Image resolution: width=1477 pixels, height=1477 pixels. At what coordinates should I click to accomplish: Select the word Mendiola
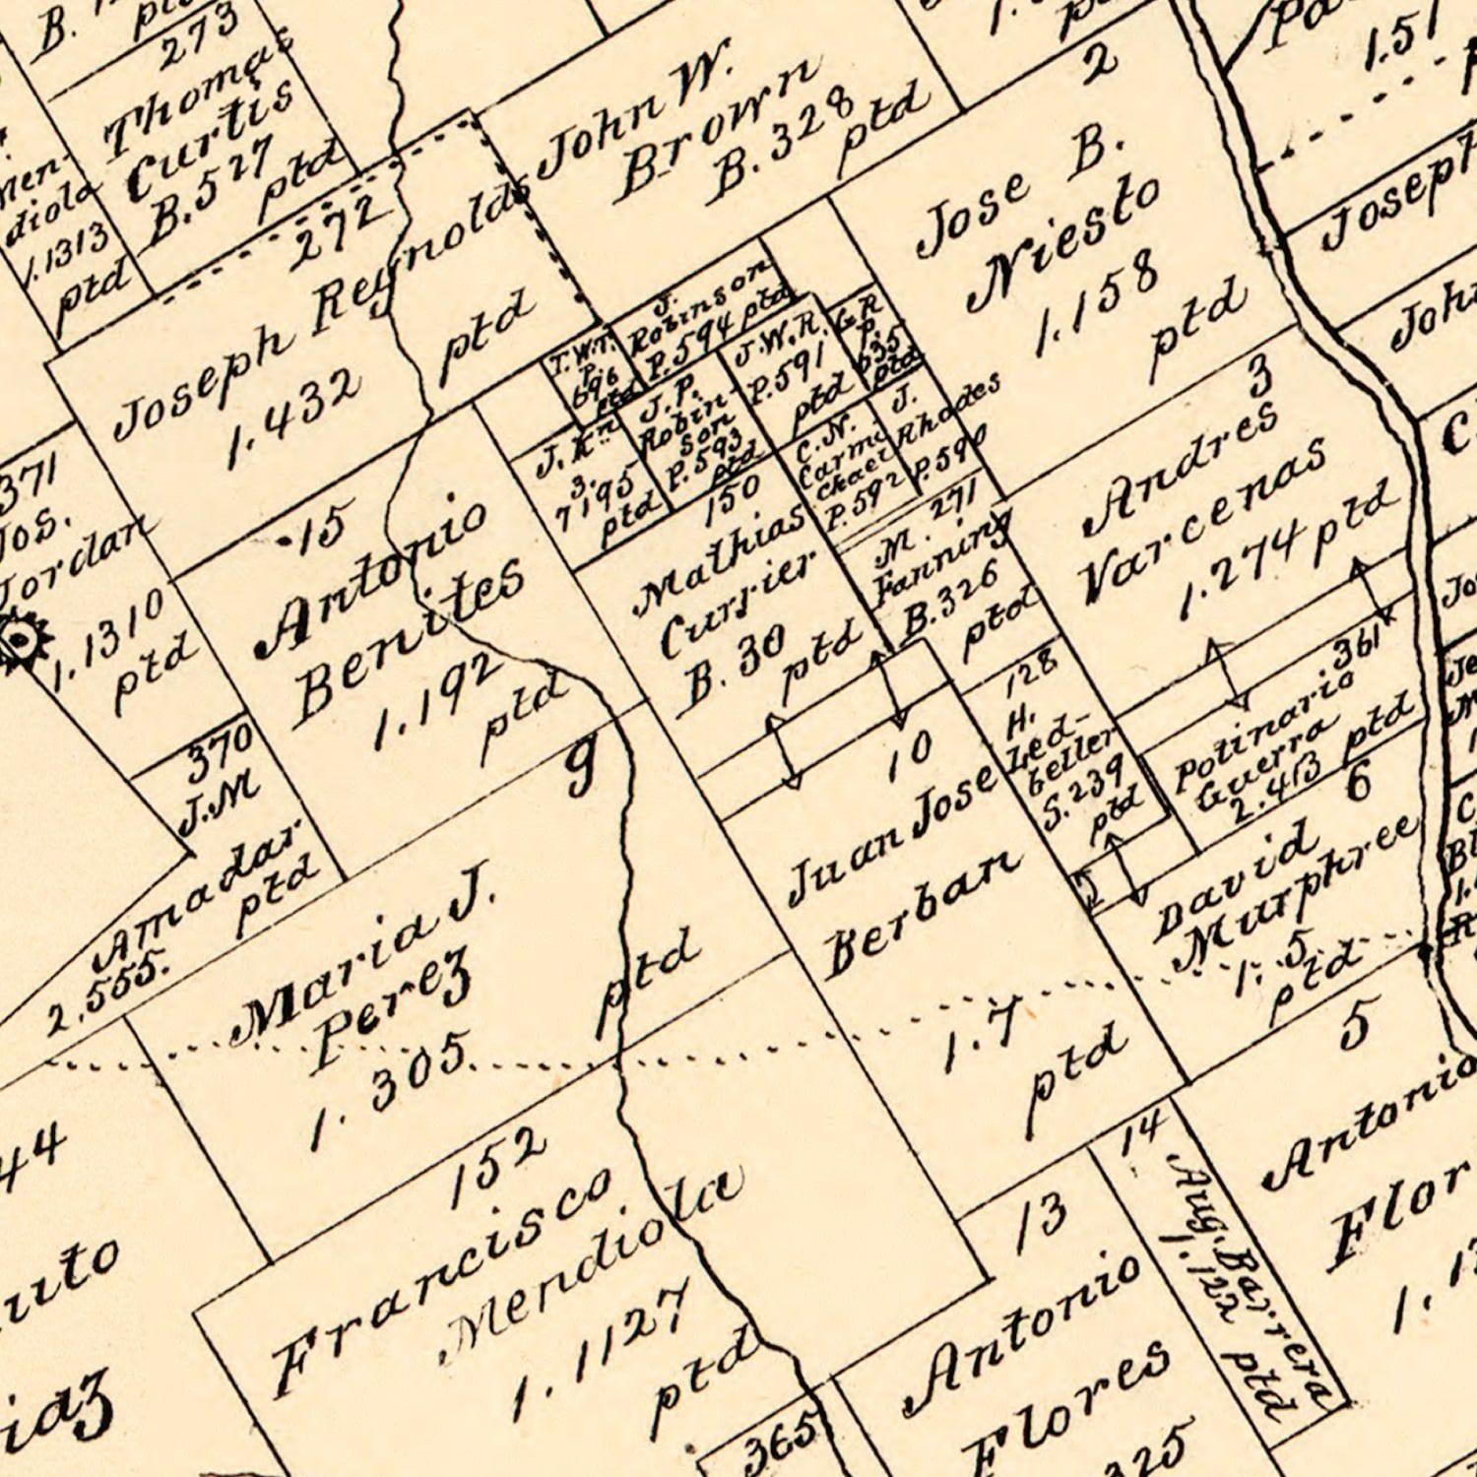pyautogui.click(x=591, y=1260)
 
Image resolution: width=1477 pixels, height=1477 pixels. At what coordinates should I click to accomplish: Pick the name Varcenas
pyautogui.click(x=1201, y=522)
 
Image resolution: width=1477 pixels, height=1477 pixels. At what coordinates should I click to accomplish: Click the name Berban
pyautogui.click(x=921, y=911)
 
